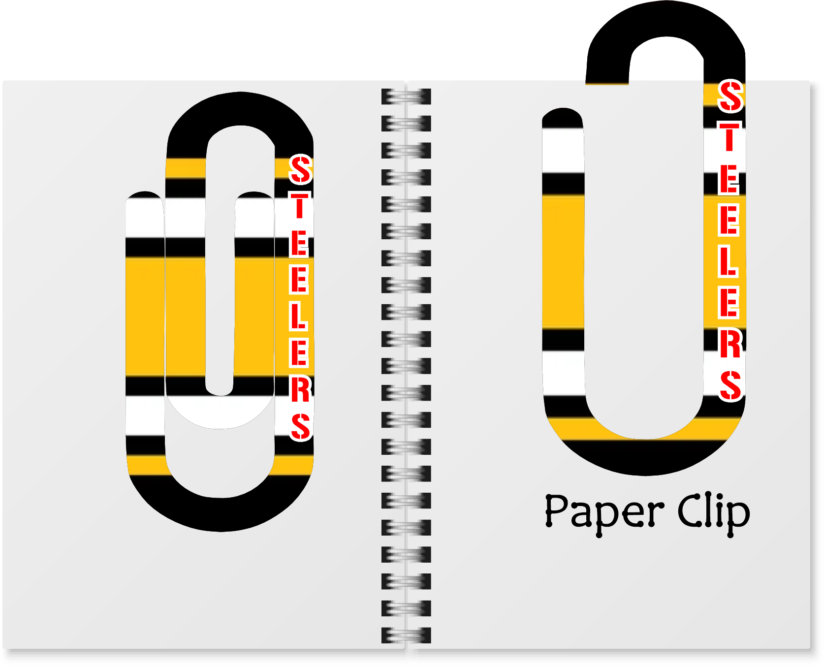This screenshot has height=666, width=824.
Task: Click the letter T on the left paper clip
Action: [x=299, y=206]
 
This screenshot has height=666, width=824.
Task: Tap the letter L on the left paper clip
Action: [x=298, y=317]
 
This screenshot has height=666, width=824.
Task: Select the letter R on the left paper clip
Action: [x=300, y=390]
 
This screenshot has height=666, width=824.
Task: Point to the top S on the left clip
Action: [x=300, y=170]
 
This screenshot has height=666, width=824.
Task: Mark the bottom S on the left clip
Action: [x=300, y=426]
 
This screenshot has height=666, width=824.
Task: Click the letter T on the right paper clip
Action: [x=729, y=137]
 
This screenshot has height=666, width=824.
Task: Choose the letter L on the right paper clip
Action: [x=729, y=261]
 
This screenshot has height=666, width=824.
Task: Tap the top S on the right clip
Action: [x=730, y=96]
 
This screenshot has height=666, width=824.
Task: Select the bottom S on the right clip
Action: [x=730, y=385]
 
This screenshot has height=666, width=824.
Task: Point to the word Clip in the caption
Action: [x=713, y=512]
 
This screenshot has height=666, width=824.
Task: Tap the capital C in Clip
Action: [x=690, y=510]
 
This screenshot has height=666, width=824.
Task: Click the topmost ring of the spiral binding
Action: [x=406, y=96]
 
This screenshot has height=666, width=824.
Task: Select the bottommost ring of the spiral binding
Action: [x=406, y=635]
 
